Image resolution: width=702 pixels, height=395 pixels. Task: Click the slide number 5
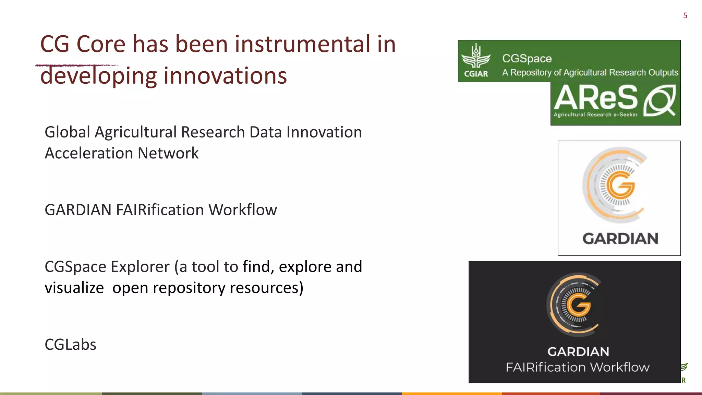[x=685, y=16]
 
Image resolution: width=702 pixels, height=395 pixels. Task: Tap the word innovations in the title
[x=225, y=76]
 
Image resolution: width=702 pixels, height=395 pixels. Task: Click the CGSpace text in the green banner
[x=527, y=59]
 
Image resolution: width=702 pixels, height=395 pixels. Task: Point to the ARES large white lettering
[x=596, y=98]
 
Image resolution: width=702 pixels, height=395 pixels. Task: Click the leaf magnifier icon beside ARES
[x=659, y=101]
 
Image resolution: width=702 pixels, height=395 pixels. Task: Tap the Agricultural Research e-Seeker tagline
[x=595, y=115]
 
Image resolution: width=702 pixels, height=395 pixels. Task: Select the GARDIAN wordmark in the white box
[x=620, y=239]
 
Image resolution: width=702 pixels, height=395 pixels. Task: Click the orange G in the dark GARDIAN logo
[x=579, y=304]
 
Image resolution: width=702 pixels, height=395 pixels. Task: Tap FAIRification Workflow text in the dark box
[x=578, y=367]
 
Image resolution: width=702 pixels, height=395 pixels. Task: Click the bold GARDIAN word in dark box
[x=578, y=352]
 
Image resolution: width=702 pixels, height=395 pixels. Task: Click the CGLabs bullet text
[x=71, y=345]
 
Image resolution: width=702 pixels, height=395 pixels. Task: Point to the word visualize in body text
[x=74, y=288]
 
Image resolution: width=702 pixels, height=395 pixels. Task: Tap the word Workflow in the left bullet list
[x=243, y=210]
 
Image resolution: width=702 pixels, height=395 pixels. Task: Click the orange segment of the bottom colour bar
[x=451, y=393]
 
